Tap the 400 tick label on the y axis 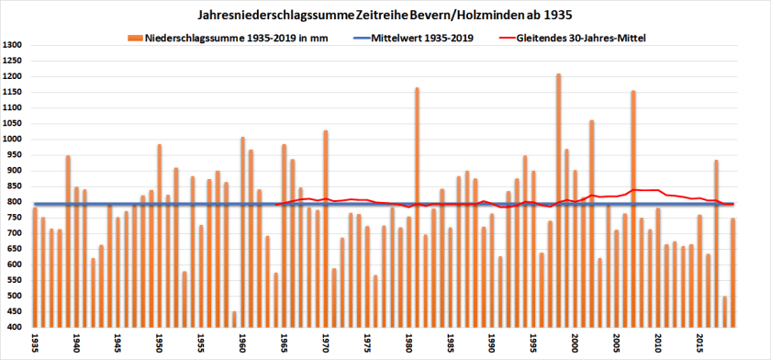click(x=15, y=327)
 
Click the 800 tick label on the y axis click(x=15, y=202)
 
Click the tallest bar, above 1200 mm click(x=558, y=202)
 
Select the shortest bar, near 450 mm click(x=234, y=320)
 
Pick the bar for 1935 click(x=35, y=266)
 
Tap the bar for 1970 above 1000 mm click(x=326, y=230)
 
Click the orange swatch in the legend click(x=134, y=39)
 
